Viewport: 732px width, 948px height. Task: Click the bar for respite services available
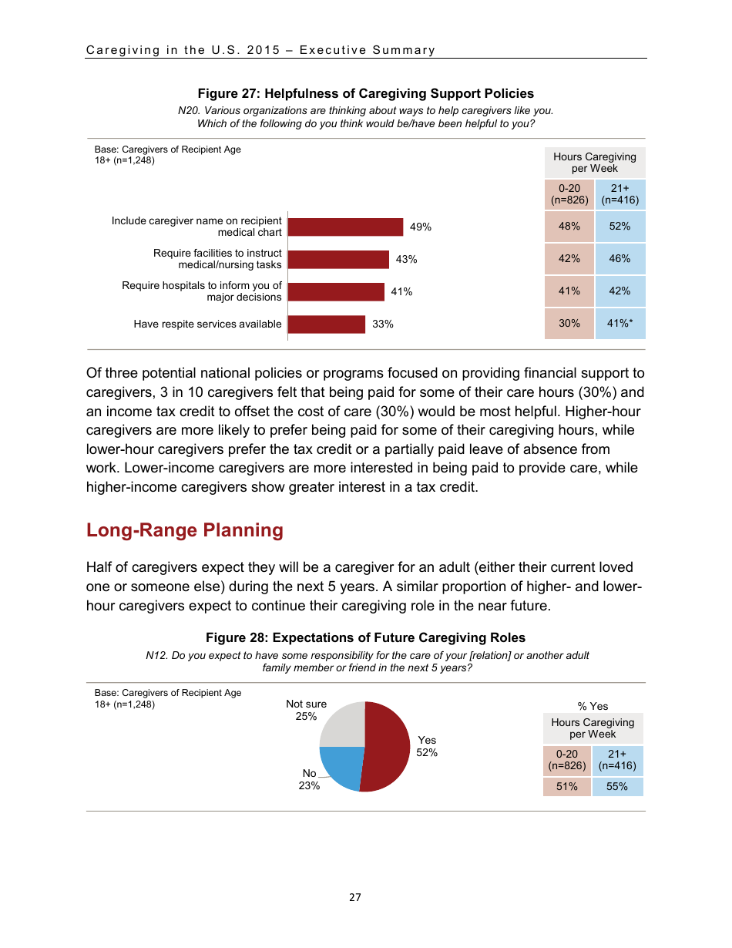[327, 324]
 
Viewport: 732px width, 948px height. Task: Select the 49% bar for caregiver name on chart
[346, 227]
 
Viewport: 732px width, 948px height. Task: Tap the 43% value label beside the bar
[406, 260]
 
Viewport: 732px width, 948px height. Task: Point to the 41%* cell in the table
[620, 324]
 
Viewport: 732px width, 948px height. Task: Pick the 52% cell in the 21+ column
[620, 227]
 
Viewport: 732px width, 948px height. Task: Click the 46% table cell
[620, 259]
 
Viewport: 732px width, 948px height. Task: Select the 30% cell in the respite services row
[569, 324]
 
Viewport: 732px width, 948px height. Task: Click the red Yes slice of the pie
[389, 745]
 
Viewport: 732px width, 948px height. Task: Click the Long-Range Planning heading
[185, 530]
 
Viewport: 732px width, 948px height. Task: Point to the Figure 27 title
[365, 93]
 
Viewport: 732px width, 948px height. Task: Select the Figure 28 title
[365, 637]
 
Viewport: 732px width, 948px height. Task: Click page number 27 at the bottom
[354, 897]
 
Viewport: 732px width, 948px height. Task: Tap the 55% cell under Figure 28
[617, 787]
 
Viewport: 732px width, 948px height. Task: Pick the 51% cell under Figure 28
[567, 787]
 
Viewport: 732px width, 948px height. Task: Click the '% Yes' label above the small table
[593, 706]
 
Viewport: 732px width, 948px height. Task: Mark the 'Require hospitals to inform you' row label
[202, 291]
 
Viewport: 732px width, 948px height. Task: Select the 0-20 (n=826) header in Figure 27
[569, 194]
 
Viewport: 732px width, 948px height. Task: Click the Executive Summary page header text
[260, 50]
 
